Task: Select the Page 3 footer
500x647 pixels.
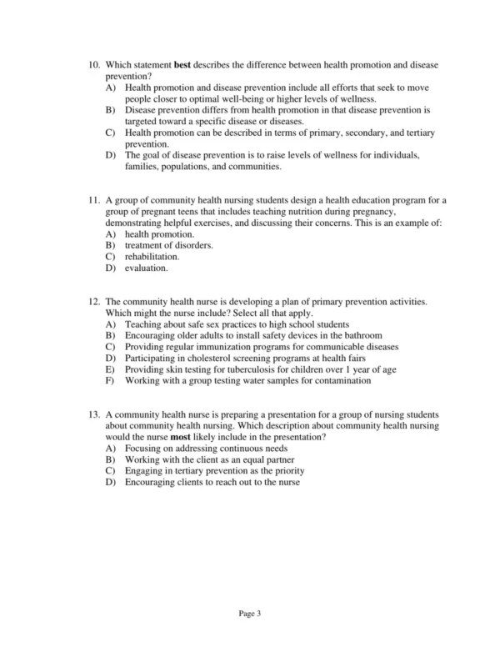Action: [x=250, y=614]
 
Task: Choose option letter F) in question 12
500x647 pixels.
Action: [x=110, y=381]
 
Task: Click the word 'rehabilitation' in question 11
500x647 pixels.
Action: [x=152, y=257]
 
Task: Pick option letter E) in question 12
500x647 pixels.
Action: [x=110, y=369]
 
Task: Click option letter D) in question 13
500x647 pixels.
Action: [x=110, y=482]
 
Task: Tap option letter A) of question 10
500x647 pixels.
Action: [x=110, y=88]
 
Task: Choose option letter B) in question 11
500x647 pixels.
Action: [x=110, y=245]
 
